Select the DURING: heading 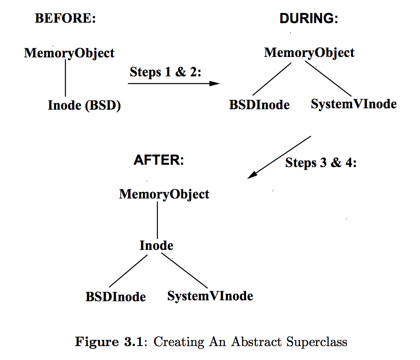click(x=309, y=19)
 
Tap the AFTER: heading click(x=159, y=160)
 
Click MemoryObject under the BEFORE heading click(x=69, y=53)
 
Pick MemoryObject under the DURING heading click(x=309, y=53)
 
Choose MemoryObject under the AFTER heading click(x=164, y=194)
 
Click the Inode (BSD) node click(x=84, y=106)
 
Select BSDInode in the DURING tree click(x=259, y=105)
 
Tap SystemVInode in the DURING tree click(x=354, y=104)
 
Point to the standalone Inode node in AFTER click(x=156, y=245)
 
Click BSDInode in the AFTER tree click(x=116, y=297)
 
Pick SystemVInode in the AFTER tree click(x=210, y=296)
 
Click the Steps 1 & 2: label click(x=166, y=72)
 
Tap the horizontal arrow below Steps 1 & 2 click(x=173, y=83)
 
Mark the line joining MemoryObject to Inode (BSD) click(x=65, y=79)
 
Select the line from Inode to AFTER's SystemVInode click(x=185, y=271)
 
